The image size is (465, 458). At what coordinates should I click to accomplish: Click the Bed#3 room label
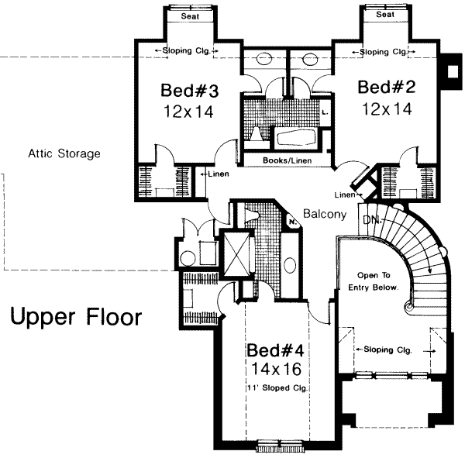click(190, 91)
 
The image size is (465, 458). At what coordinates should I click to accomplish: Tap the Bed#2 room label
click(387, 88)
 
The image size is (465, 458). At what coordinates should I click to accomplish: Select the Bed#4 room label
click(275, 350)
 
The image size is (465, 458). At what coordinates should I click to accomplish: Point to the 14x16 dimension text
click(277, 370)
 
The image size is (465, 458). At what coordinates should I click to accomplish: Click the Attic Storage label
click(64, 153)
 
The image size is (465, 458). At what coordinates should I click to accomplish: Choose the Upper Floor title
click(76, 317)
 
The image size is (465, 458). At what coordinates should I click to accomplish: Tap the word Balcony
click(325, 214)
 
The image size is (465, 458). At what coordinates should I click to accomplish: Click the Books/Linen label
click(287, 160)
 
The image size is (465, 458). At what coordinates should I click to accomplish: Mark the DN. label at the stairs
click(372, 220)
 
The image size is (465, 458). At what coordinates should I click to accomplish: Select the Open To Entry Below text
click(374, 281)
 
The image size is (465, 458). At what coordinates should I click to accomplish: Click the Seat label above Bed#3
click(190, 16)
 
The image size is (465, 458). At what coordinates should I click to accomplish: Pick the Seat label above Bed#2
click(385, 14)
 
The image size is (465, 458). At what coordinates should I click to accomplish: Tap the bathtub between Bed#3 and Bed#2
click(296, 138)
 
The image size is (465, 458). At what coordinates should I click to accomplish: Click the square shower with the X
click(236, 253)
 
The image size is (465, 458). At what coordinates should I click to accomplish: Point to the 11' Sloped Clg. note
click(277, 388)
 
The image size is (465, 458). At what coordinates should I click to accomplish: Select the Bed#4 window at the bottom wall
click(281, 446)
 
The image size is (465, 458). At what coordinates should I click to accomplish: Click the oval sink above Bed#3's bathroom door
click(264, 59)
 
